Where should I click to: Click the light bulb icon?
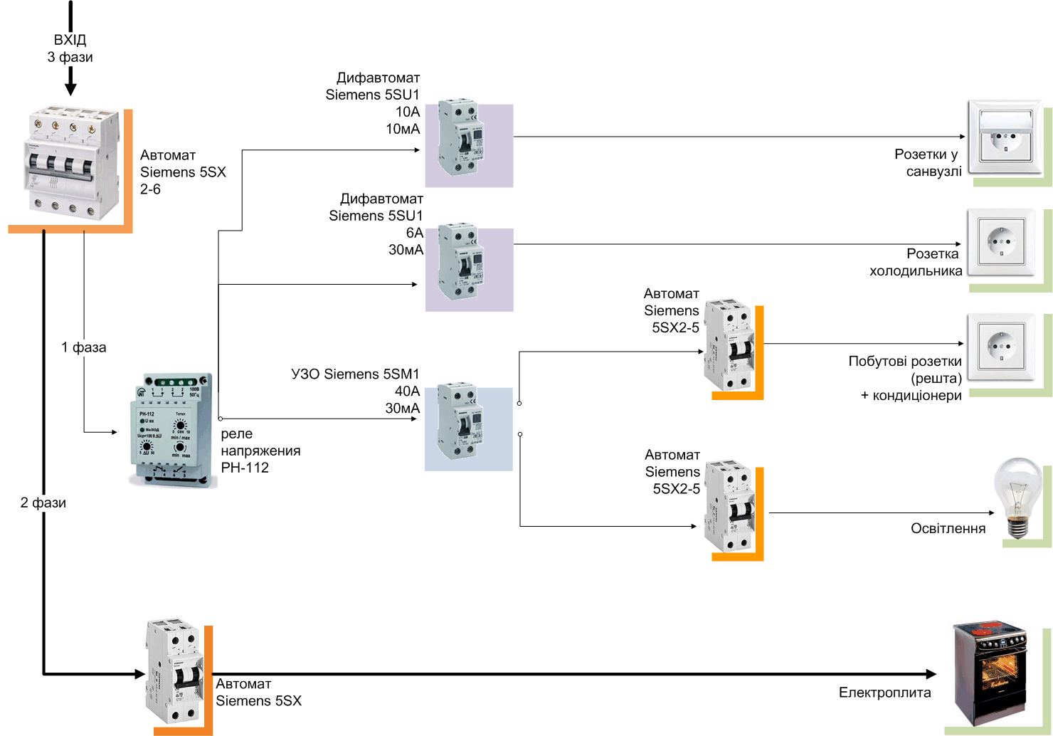tap(1017, 497)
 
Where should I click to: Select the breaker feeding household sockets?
tap(729, 345)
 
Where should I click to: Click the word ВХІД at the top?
tap(70, 40)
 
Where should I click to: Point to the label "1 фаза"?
tap(84, 347)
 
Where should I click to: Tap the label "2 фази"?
tap(43, 503)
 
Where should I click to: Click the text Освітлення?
tap(948, 528)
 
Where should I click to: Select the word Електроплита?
tap(884, 693)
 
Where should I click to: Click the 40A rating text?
tap(407, 391)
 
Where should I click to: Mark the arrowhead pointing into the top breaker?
tap(70, 89)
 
